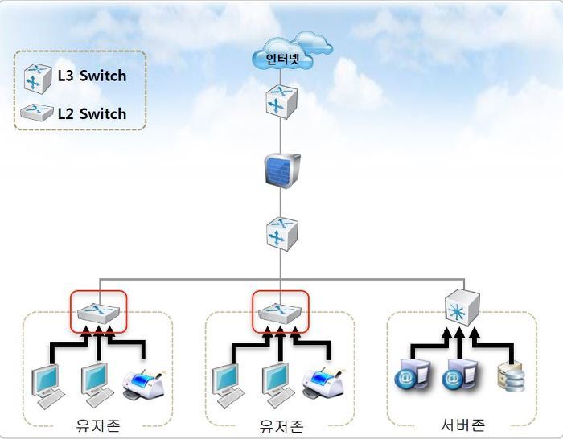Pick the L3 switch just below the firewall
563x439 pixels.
[x=281, y=234]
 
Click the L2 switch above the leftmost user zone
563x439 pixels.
[x=98, y=309]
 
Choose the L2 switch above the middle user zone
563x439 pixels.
[x=281, y=309]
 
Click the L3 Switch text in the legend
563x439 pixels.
[x=92, y=76]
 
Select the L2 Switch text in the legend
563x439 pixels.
[x=92, y=113]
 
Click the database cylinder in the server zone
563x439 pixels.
[x=511, y=377]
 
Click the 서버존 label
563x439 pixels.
[x=462, y=424]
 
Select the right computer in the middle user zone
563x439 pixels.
[x=276, y=383]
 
